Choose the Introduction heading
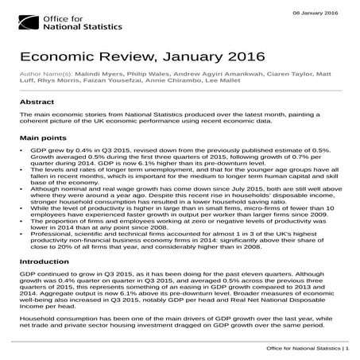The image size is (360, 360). pos(45,261)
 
